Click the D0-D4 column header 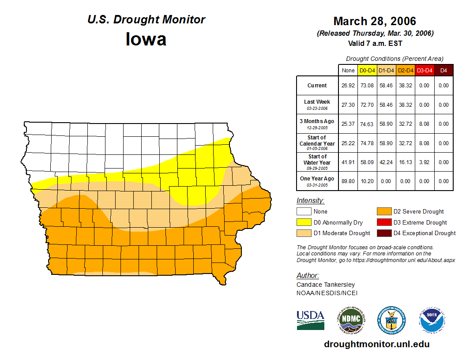pyautogui.click(x=367, y=71)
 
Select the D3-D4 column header pyautogui.click(x=424, y=71)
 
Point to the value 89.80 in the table pyautogui.click(x=348, y=181)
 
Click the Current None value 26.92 pyautogui.click(x=348, y=86)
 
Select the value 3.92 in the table pyautogui.click(x=424, y=162)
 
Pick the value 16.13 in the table pyautogui.click(x=405, y=162)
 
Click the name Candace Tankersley pyautogui.click(x=325, y=285)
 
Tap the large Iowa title pyautogui.click(x=146, y=39)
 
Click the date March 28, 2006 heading pyautogui.click(x=375, y=21)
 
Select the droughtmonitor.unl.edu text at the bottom pyautogui.click(x=376, y=344)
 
